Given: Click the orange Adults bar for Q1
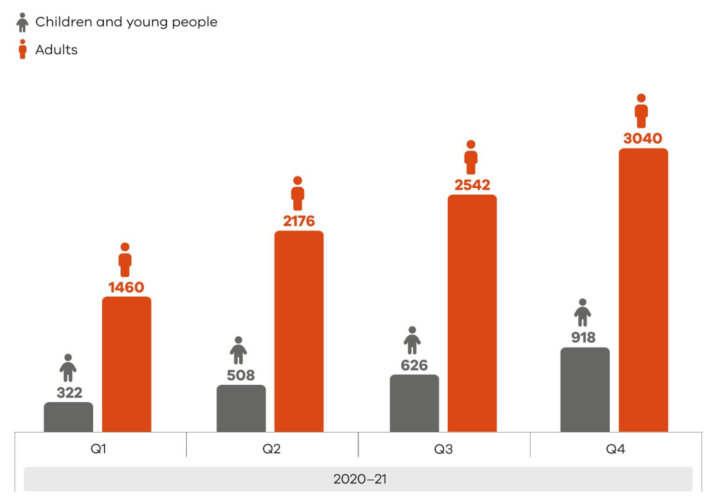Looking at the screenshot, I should (127, 364).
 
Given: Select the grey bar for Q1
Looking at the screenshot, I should (68, 417).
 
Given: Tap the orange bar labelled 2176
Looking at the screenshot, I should (299, 331).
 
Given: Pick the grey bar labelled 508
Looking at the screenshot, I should (241, 409).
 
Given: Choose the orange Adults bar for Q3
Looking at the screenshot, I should (472, 313).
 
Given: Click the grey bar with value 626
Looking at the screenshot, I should (414, 403).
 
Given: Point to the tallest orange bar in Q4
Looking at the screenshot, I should (643, 290).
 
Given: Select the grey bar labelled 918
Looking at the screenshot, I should (585, 389).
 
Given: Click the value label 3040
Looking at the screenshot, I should (642, 138).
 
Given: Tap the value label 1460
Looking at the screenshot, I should (126, 287).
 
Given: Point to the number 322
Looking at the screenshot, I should (69, 393).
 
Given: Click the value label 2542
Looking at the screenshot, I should (472, 185).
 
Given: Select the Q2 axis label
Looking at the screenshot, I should (271, 449).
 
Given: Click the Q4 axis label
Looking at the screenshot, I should (615, 449).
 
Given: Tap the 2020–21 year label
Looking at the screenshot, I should (360, 479).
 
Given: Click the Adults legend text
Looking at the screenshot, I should (56, 50).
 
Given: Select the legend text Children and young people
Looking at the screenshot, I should (126, 22).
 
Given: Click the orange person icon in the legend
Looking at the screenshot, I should (22, 49).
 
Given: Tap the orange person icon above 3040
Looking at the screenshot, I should (641, 111).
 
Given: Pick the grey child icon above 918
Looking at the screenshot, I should (582, 313).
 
